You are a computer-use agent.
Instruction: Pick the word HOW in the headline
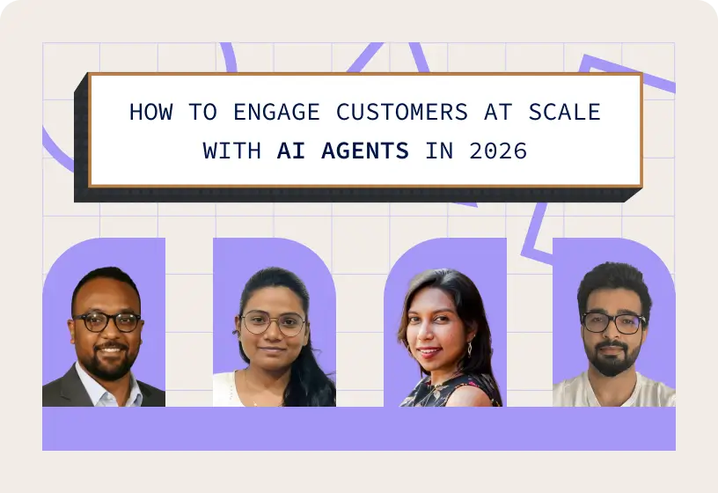[148, 113]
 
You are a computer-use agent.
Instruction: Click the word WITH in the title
[231, 151]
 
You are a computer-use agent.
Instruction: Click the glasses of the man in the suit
[106, 321]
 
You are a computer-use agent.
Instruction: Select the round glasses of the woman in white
[272, 323]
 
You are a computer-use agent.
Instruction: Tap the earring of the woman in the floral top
[468, 348]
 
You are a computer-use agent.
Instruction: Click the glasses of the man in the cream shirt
[613, 322]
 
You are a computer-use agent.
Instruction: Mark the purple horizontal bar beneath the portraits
[358, 429]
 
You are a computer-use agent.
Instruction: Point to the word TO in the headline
[192, 113]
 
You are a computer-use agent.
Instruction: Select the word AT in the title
[496, 113]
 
